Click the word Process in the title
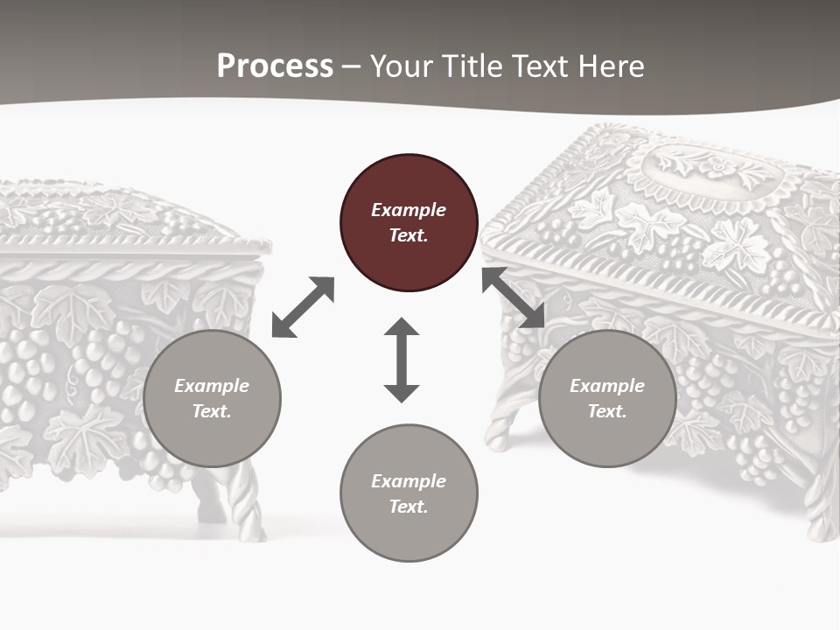(275, 66)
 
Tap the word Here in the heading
(610, 66)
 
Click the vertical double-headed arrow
(402, 360)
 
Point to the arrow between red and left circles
(303, 307)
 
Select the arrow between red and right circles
(514, 297)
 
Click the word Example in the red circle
(409, 210)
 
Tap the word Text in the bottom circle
(408, 507)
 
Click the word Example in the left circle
(212, 386)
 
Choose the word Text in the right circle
(606, 411)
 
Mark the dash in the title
(352, 66)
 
